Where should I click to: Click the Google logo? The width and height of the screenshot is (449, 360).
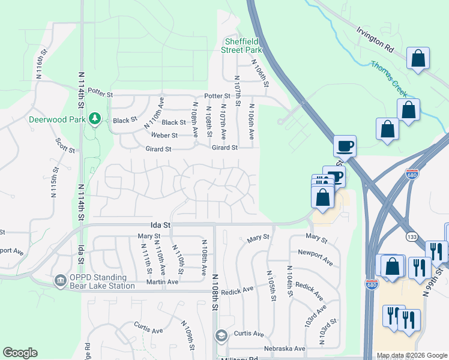tap(20, 353)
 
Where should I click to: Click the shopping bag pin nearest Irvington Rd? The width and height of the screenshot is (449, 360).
tap(418, 59)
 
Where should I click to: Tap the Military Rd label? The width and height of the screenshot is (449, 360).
tap(239, 358)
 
